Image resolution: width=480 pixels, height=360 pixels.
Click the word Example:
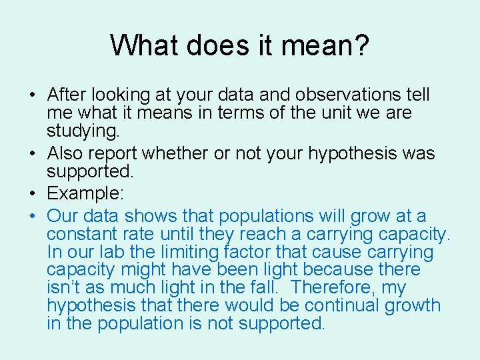click(82, 193)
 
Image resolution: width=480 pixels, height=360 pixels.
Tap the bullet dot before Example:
click(33, 194)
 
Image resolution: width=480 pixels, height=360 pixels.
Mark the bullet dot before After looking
click(33, 96)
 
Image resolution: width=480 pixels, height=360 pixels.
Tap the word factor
click(249, 252)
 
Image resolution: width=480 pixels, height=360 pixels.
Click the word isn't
click(61, 288)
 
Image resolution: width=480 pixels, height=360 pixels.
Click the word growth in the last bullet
click(415, 306)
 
